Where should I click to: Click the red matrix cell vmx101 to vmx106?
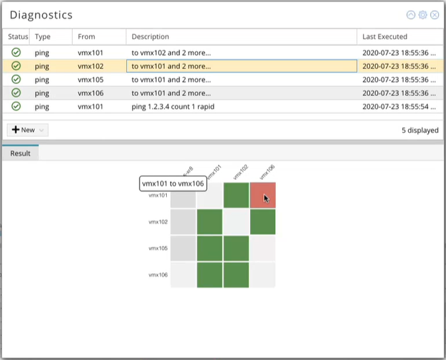[263, 195]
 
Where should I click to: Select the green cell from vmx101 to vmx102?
[236, 195]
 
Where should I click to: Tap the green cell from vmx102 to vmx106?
[263, 222]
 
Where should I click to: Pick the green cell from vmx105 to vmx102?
[236, 248]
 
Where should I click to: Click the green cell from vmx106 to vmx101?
[210, 275]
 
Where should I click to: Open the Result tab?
[21, 153]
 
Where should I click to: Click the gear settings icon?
[423, 15]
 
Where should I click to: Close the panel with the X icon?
[435, 15]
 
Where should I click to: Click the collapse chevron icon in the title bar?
[411, 15]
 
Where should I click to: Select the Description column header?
[151, 37]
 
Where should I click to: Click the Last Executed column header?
[385, 37]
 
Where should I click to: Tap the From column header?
[87, 37]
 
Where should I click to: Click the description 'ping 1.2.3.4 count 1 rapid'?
[173, 107]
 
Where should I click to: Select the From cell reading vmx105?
[91, 79]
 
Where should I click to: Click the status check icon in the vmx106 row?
[16, 93]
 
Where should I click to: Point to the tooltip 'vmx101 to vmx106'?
[172, 183]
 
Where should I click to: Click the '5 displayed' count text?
[420, 130]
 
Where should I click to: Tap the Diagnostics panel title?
[41, 15]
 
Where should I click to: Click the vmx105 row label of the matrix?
[158, 248]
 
